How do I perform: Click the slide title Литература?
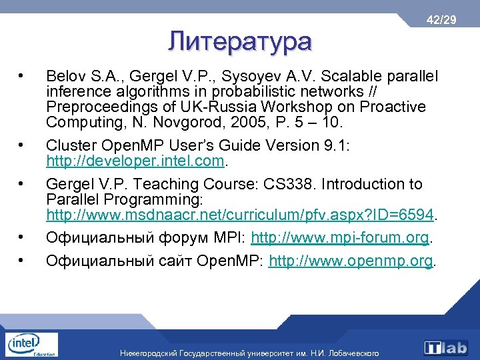point(239,41)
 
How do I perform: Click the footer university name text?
point(249,353)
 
